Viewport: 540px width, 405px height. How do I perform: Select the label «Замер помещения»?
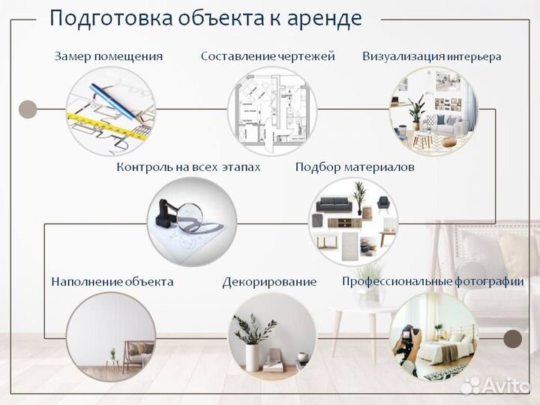point(109,56)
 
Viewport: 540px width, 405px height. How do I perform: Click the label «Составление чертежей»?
point(268,56)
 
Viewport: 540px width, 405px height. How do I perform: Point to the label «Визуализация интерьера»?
point(432,56)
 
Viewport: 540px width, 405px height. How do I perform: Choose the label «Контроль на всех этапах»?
point(188,167)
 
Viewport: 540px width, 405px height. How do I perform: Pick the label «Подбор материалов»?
point(355,167)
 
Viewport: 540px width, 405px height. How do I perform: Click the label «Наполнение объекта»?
point(112,282)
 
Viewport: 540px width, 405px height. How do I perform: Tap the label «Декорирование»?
point(269,282)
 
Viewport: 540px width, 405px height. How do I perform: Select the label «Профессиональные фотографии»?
point(433,282)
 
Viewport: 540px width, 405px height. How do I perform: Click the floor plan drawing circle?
point(272,111)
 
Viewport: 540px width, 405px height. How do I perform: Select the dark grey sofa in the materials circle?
point(334,204)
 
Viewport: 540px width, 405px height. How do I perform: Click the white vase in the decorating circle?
point(253,357)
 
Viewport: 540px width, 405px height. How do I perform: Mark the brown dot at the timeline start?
point(28,109)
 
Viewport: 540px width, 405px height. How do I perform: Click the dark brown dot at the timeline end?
point(513,339)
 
